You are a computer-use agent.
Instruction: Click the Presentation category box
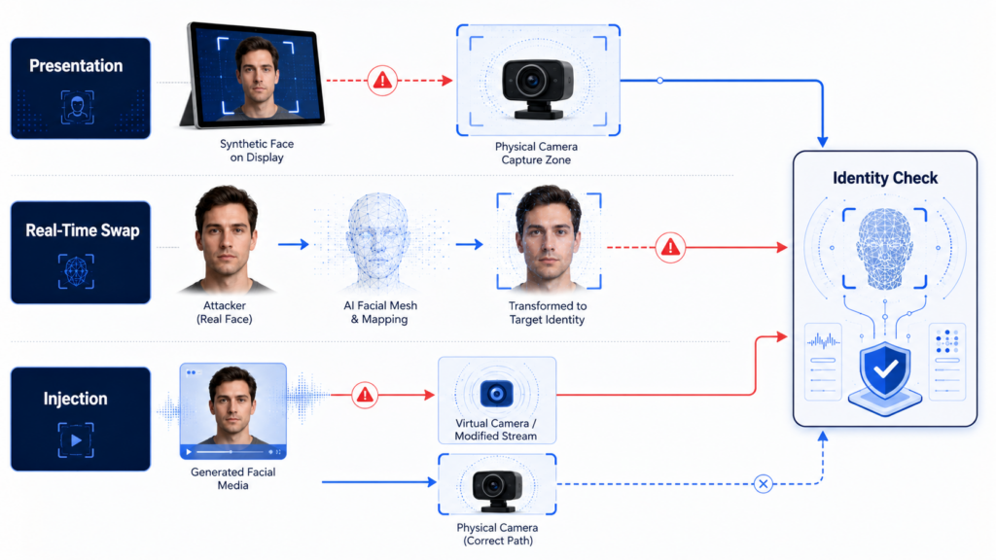point(81,88)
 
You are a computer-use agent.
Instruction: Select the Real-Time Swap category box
point(81,252)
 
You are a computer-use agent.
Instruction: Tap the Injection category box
point(81,418)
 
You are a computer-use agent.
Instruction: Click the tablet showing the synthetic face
point(254,75)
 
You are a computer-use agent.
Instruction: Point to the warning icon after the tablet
point(382,81)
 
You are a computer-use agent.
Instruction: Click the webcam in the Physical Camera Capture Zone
point(537,87)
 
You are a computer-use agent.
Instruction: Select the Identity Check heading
point(885,178)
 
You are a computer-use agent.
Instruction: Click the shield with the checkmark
point(885,370)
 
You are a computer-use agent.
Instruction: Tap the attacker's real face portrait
point(226,239)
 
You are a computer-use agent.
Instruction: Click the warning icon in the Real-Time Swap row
point(670,247)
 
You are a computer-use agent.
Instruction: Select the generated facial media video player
point(233,411)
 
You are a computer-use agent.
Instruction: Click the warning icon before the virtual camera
point(365,395)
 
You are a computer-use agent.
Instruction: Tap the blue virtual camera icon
point(497,394)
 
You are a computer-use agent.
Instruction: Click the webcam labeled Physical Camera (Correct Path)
point(497,490)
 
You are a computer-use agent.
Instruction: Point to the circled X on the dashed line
point(763,484)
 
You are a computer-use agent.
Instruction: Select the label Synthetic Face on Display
point(257,151)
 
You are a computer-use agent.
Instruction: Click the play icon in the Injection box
point(76,440)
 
